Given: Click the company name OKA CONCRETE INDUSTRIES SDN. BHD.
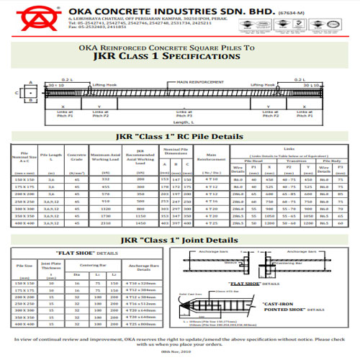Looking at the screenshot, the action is coord(152,12).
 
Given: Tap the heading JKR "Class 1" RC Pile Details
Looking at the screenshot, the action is coord(181,137).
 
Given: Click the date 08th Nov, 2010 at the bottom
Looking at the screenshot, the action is coord(181,351).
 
